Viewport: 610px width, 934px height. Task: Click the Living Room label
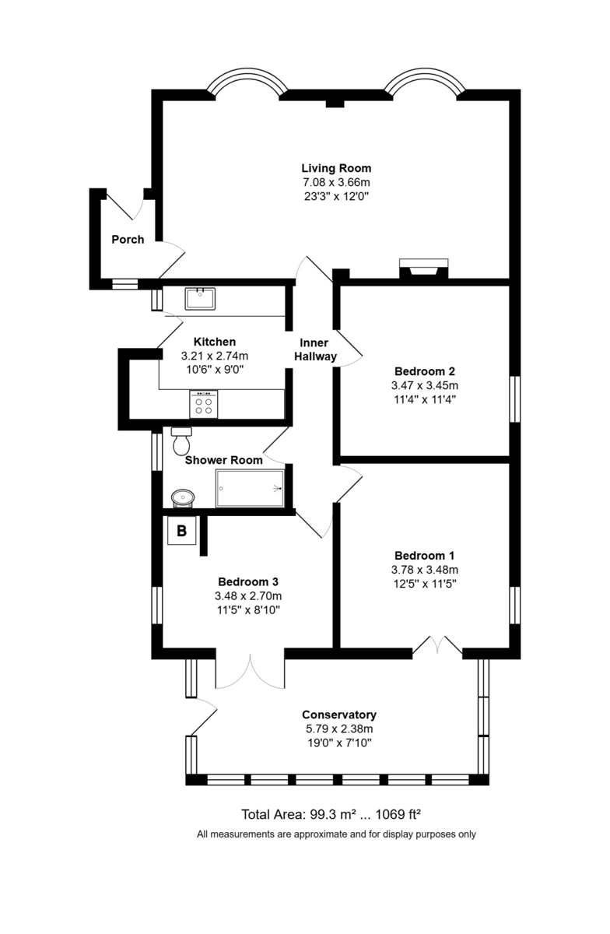point(336,168)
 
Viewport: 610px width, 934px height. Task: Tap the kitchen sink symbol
point(201,298)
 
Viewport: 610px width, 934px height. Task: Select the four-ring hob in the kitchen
point(205,403)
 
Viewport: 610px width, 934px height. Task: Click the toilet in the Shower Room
point(181,441)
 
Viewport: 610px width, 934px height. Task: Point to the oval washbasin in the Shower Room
point(183,497)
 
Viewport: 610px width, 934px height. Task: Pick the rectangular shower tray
point(250,488)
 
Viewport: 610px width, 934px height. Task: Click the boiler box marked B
point(182,532)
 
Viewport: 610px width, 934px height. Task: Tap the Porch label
point(128,240)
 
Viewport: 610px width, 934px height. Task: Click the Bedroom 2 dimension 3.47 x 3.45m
point(424,385)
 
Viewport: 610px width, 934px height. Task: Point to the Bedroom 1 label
point(424,556)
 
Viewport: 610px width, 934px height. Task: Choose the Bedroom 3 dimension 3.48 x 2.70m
point(247,596)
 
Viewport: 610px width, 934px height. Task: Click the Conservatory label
point(339,715)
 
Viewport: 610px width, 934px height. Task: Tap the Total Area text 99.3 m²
point(299,815)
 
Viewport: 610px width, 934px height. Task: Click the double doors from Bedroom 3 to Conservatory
point(250,671)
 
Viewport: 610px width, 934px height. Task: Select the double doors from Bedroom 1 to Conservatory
point(437,646)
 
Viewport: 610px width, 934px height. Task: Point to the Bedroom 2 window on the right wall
point(514,399)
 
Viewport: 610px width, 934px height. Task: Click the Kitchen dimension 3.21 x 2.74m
point(215,356)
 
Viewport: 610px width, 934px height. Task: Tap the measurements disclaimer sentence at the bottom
point(336,834)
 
